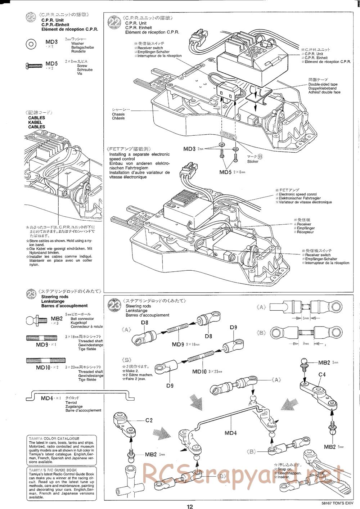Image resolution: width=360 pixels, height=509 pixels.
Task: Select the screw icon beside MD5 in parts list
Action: pos(33,66)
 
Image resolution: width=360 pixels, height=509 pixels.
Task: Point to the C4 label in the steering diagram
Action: pos(322,374)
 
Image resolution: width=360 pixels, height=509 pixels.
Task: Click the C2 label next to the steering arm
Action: pos(149,420)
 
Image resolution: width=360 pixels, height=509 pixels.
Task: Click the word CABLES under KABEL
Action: pos(37,127)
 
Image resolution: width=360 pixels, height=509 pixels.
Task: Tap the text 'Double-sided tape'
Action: pos(323,84)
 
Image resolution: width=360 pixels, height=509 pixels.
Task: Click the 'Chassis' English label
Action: pos(118,114)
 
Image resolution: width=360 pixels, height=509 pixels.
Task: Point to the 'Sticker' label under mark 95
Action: pos(253,162)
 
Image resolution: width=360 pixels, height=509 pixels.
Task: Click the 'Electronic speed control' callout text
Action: pos(298,194)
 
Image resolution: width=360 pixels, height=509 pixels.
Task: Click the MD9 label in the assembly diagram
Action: pos(178,344)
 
